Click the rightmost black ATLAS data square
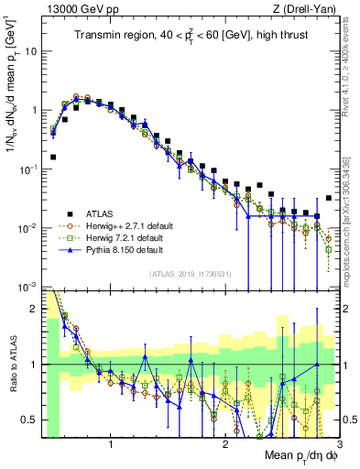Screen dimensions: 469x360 click(x=329, y=198)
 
